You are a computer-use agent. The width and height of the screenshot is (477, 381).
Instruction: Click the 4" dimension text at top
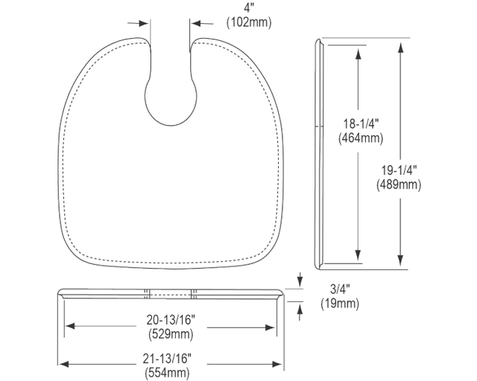click(x=248, y=7)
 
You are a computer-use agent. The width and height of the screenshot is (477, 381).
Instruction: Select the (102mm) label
click(x=248, y=22)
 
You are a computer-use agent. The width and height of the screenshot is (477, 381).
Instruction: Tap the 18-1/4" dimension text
click(x=361, y=124)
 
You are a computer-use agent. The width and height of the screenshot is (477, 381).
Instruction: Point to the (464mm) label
click(x=361, y=138)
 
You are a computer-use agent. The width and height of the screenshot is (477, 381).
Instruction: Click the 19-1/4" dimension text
click(x=399, y=170)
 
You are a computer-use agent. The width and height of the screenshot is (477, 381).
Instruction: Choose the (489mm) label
click(x=399, y=185)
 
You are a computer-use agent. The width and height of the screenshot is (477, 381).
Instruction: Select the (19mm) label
click(x=340, y=304)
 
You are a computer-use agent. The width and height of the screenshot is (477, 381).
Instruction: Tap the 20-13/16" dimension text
click(x=171, y=320)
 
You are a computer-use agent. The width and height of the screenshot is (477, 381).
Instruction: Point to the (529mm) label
click(x=171, y=334)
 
